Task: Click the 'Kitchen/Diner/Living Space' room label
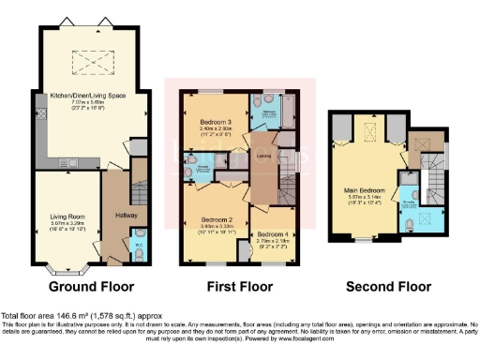click(90, 94)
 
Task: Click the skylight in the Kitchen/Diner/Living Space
click(90, 63)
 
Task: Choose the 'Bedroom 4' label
click(274, 233)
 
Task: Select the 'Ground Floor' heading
click(91, 286)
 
